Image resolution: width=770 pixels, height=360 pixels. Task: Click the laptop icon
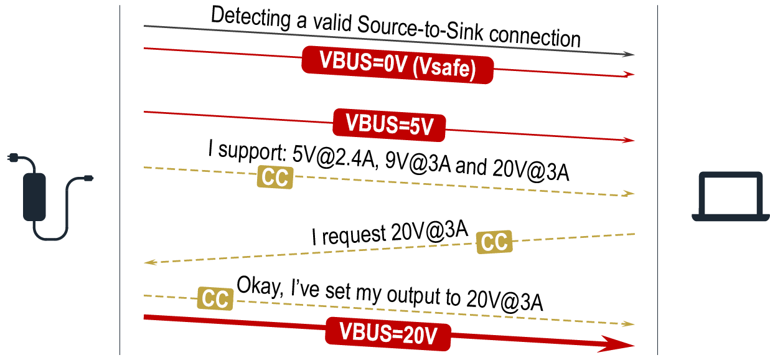click(x=730, y=196)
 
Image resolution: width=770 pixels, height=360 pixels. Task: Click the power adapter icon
click(x=34, y=196)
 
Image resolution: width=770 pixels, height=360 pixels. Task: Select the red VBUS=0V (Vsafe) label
click(x=398, y=65)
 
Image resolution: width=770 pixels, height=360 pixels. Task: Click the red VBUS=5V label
click(x=390, y=123)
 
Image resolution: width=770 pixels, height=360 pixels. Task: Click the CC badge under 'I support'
click(x=275, y=178)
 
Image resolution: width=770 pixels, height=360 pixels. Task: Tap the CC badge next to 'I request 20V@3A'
click(x=494, y=242)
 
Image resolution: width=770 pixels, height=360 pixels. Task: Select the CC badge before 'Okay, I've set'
click(x=215, y=300)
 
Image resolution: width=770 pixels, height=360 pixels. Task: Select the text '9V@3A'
click(x=419, y=164)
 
